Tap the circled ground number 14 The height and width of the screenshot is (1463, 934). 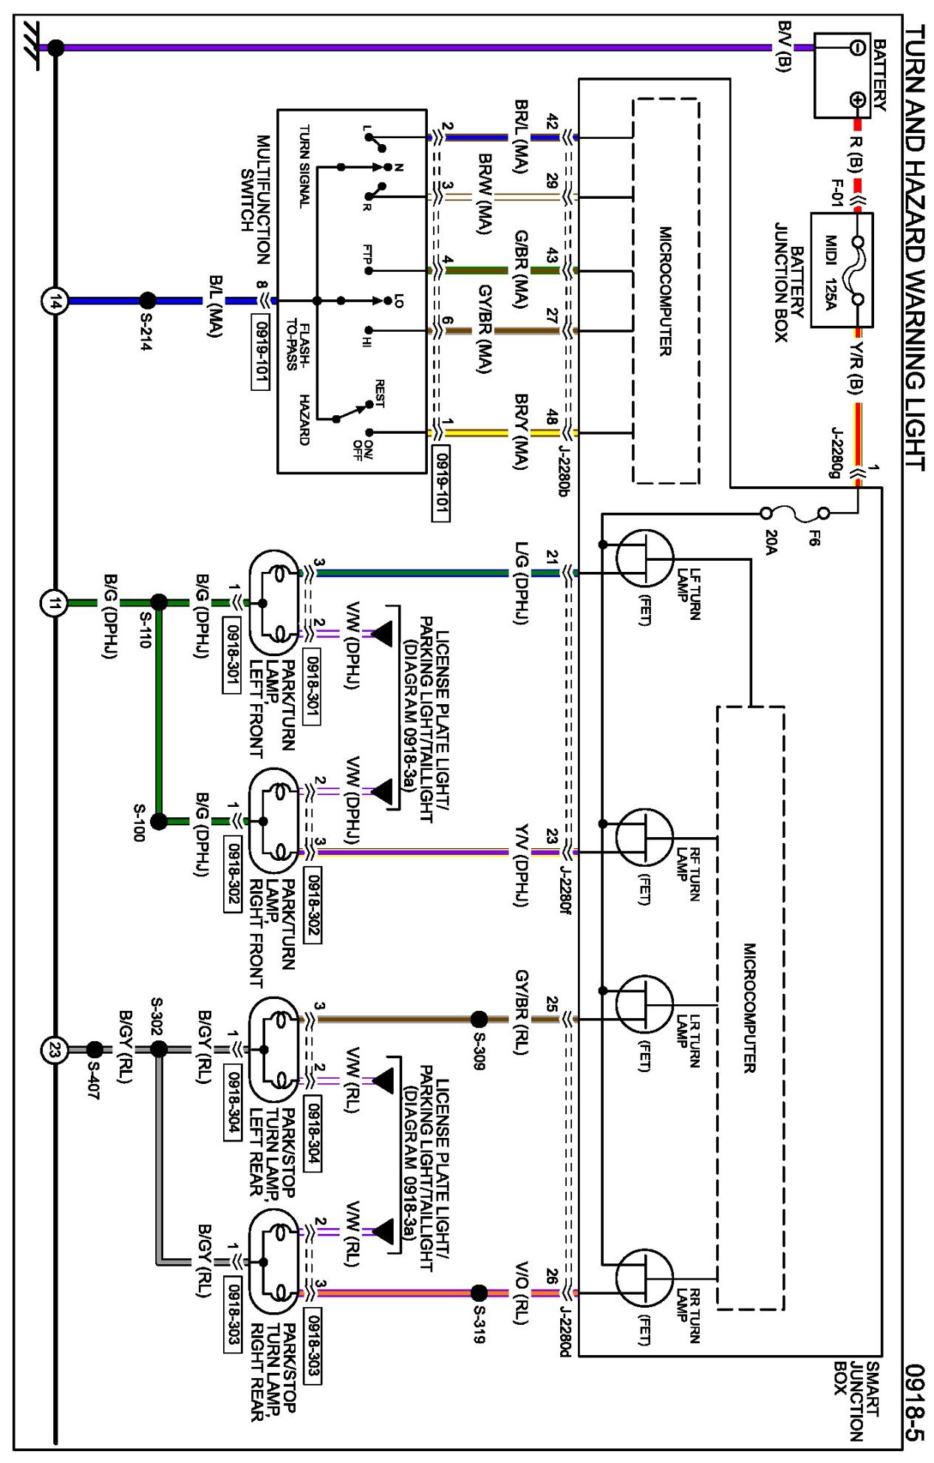pos(54,301)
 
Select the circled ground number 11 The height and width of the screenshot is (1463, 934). pos(54,603)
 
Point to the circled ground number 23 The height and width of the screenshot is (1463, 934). pos(54,1050)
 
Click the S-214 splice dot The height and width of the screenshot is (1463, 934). pos(148,301)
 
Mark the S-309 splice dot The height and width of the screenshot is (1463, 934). pos(479,1020)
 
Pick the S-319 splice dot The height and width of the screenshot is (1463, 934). pos(479,1293)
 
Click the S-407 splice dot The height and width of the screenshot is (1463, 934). pos(95,1050)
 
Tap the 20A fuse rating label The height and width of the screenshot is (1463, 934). pos(771,542)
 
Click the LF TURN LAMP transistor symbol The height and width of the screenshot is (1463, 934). pos(644,559)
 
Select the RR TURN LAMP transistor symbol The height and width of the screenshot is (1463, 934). pos(644,1278)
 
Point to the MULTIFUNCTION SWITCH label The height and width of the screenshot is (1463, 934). pos(255,199)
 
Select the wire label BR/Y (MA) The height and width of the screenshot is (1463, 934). pos(521,432)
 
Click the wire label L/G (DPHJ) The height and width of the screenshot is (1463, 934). pos(522,583)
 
